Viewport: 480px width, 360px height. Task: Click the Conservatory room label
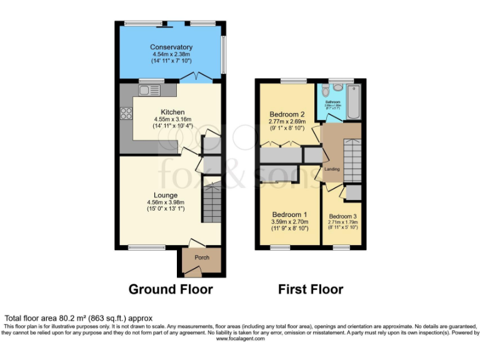pyautogui.click(x=171, y=47)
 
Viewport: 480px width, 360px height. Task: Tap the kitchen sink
pyautogui.click(x=149, y=91)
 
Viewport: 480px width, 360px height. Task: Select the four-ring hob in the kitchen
pyautogui.click(x=125, y=114)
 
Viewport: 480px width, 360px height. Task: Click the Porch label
pyautogui.click(x=202, y=257)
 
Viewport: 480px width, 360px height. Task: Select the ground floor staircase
pyautogui.click(x=211, y=204)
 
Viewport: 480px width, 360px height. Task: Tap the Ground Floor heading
pyautogui.click(x=171, y=289)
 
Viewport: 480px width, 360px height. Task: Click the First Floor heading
pyautogui.click(x=311, y=289)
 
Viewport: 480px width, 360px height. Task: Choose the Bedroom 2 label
pyautogui.click(x=287, y=114)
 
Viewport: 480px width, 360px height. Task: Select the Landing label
pyautogui.click(x=331, y=169)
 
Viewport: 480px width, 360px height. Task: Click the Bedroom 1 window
pyautogui.click(x=280, y=247)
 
